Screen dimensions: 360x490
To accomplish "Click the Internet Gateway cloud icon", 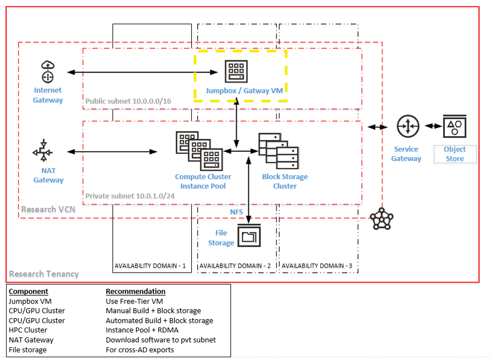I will [x=47, y=71].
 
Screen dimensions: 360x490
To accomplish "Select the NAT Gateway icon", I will [x=47, y=152].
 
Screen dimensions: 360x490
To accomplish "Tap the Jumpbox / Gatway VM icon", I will [x=236, y=72].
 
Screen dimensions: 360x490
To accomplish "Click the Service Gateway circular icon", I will [x=407, y=126].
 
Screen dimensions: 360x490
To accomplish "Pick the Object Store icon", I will [x=454, y=127].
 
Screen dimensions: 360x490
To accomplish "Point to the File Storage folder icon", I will [x=249, y=236].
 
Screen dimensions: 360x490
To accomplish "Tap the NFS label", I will [x=236, y=212].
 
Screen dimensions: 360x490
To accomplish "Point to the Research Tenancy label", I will [x=44, y=274].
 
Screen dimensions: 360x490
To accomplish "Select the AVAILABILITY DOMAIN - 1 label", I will [x=150, y=266].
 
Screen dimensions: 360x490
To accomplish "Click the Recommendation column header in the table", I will [x=135, y=291].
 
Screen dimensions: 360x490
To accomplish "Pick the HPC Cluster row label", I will [x=28, y=330].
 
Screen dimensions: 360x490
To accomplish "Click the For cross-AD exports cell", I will [x=140, y=350].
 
